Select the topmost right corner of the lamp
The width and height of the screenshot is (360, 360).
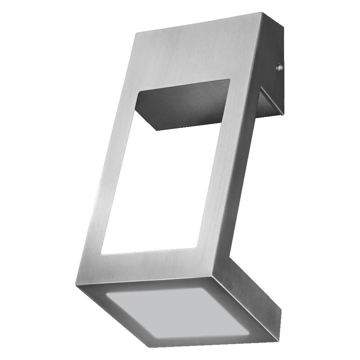point(262,13)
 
